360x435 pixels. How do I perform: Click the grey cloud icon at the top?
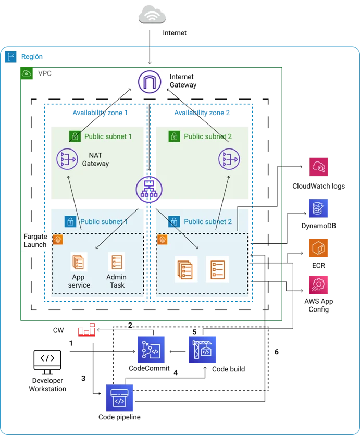[152, 15]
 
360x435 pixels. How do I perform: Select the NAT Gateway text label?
[95, 159]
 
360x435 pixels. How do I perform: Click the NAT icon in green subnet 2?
[228, 159]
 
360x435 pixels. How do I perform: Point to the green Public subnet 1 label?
[108, 136]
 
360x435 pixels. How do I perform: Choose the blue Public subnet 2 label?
[207, 221]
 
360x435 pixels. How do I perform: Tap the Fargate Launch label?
[35, 241]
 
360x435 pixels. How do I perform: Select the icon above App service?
[79, 262]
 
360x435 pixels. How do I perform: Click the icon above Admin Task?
[116, 262]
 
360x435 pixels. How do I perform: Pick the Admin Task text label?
[116, 281]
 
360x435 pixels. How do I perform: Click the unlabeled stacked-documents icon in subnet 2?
[186, 269]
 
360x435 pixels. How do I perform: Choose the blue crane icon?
[202, 349]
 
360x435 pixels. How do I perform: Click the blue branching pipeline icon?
[152, 349]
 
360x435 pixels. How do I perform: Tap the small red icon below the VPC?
[86, 331]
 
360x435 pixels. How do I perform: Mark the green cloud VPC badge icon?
[27, 74]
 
